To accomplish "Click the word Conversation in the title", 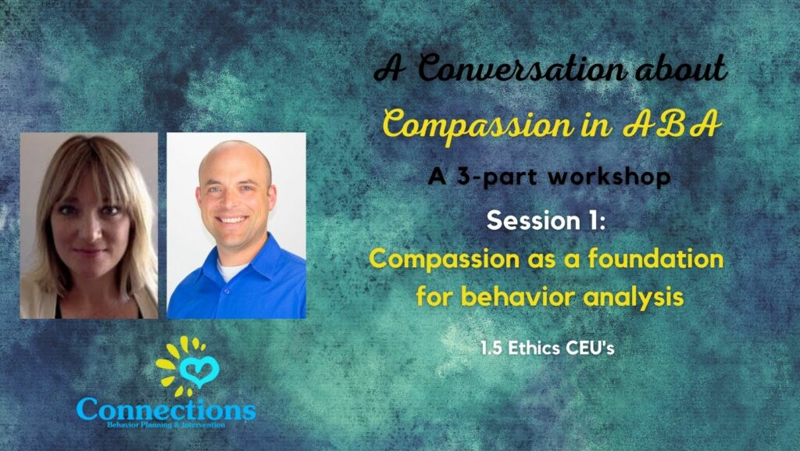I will pyautogui.click(x=522, y=70).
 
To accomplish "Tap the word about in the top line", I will pyautogui.click(x=680, y=70).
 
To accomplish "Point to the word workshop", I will pyautogui.click(x=609, y=177).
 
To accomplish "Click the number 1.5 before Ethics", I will pyautogui.click(x=493, y=349).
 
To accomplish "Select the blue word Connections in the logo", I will pyautogui.click(x=166, y=409).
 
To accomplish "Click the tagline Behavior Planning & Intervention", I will pyautogui.click(x=166, y=425).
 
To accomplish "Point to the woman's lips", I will pyautogui.click(x=90, y=252).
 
